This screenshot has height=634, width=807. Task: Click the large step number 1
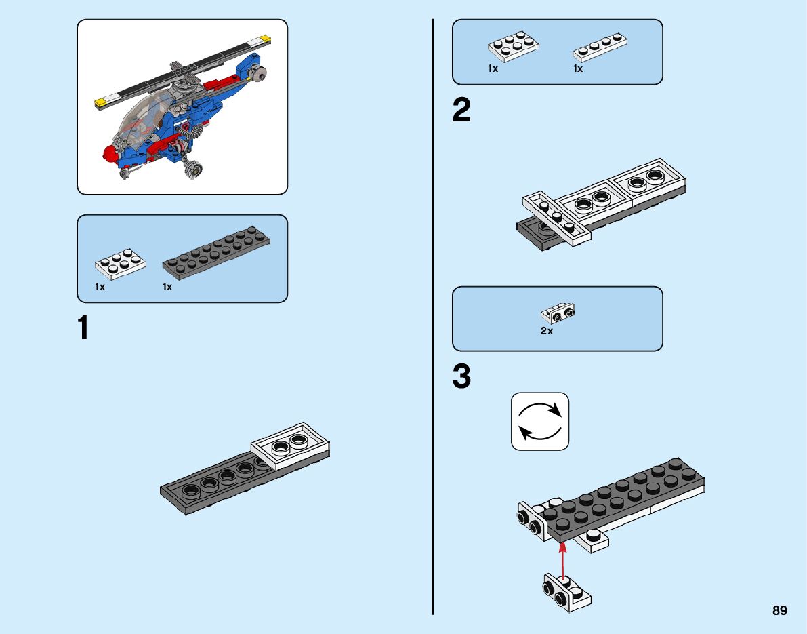pyautogui.click(x=83, y=328)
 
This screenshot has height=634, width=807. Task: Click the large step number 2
pyautogui.click(x=461, y=111)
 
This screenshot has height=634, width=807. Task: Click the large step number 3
pyautogui.click(x=461, y=378)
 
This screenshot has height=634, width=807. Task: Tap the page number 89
pyautogui.click(x=779, y=611)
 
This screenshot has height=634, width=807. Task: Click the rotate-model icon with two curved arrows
pyautogui.click(x=540, y=421)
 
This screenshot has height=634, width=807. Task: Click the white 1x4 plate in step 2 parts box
pyautogui.click(x=600, y=47)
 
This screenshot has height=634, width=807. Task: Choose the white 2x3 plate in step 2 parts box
pyautogui.click(x=514, y=47)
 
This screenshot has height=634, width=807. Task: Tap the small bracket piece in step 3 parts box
pyautogui.click(x=558, y=313)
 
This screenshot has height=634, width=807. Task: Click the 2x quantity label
pyautogui.click(x=547, y=331)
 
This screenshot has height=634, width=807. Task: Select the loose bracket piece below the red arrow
pyautogui.click(x=566, y=590)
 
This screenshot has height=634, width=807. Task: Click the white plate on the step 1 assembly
pyautogui.click(x=291, y=445)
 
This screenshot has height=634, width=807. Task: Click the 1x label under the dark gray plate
pyautogui.click(x=167, y=287)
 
